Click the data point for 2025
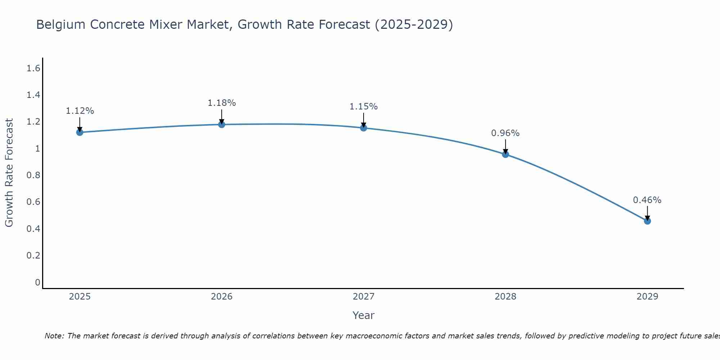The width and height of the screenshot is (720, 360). pos(80,132)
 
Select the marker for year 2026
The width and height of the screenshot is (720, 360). pos(222,125)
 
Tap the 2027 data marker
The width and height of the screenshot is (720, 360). pos(364,128)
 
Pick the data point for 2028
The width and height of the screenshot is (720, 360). pos(505,154)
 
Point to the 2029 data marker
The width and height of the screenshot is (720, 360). pos(647,221)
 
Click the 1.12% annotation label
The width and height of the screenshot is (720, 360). pos(80,111)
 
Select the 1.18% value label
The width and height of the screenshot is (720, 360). pos(222,103)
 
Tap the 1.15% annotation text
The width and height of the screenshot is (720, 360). pos(364,107)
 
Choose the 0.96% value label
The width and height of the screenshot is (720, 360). pos(505,133)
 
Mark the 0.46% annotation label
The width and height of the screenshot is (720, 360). pos(647,200)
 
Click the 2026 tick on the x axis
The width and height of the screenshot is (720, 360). pos(222,297)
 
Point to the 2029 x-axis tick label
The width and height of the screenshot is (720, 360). pos(647,297)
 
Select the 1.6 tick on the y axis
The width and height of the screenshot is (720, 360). pos(33,68)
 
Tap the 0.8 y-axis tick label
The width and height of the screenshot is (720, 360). pos(33,175)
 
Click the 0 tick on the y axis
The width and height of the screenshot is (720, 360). pos(37,282)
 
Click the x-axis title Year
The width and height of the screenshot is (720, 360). pos(364,315)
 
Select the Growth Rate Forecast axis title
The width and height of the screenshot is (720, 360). pos(9,173)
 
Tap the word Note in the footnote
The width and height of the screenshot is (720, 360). pos(54,336)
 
